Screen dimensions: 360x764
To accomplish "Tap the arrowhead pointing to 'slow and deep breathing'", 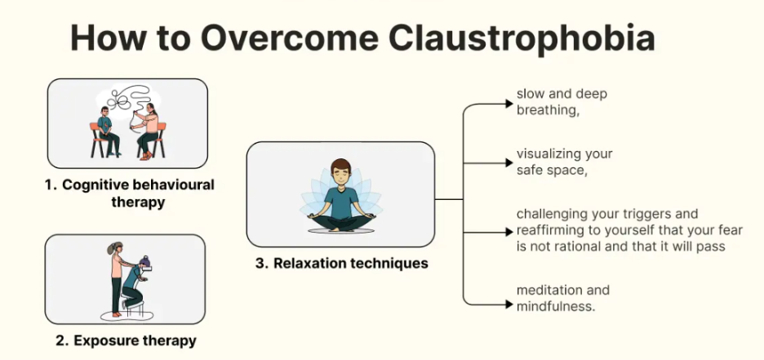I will [509, 104].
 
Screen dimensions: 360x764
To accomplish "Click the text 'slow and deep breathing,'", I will [562, 103].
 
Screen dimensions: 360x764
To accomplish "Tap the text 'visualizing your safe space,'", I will [564, 162].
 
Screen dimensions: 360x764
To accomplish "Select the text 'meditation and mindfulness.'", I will [563, 298].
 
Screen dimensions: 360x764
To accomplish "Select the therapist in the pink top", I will [149, 131].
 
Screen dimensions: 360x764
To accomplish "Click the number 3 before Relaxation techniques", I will [258, 263].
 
